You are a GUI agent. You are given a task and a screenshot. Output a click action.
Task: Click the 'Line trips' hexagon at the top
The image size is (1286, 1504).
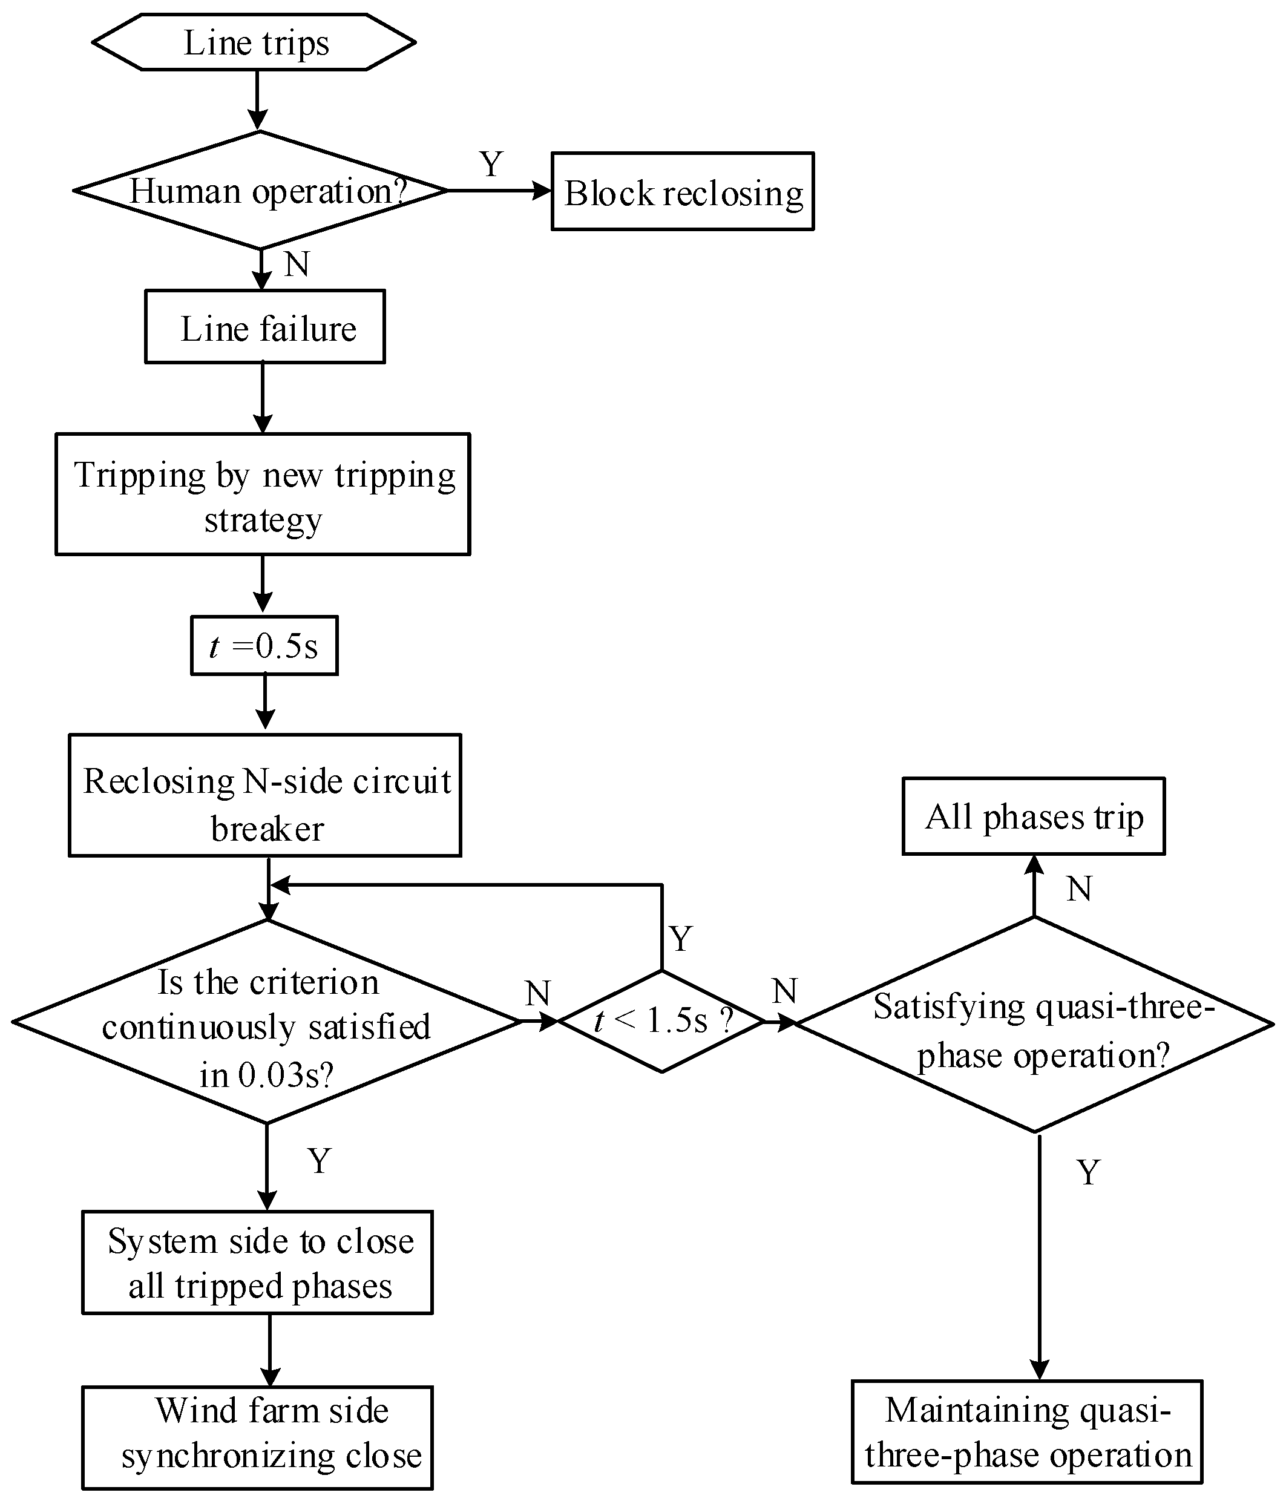point(255,42)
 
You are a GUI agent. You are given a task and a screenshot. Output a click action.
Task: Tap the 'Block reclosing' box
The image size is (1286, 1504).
point(682,192)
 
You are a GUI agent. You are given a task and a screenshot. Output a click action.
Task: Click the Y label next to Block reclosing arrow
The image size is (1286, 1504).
point(491,164)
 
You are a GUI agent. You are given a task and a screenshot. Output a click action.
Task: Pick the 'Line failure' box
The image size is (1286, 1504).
point(265,327)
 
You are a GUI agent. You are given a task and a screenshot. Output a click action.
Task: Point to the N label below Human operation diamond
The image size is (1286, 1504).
point(297,264)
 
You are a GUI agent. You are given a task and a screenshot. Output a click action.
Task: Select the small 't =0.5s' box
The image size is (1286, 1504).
point(264,646)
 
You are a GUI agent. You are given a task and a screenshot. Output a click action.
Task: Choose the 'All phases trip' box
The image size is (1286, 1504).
point(1034,816)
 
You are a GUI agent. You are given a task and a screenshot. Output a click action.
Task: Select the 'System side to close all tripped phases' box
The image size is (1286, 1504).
point(258,1263)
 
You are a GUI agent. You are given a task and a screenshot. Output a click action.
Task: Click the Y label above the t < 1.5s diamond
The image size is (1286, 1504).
point(681,939)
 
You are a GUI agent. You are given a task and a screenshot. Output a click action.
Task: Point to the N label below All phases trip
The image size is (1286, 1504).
point(1079,888)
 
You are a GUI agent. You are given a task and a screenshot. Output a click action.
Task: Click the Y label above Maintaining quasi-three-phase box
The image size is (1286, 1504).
point(1088,1172)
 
